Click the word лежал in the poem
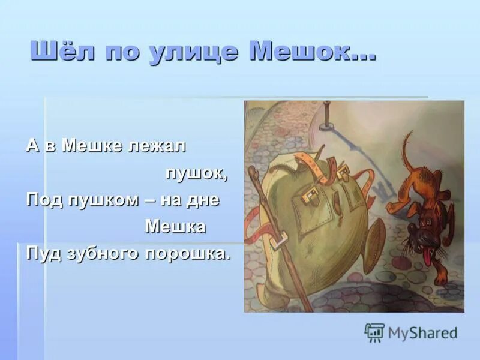(x=158, y=146)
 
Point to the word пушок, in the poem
(x=197, y=173)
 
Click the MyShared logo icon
(x=374, y=332)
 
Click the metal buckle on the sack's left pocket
(x=310, y=193)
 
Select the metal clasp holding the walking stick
(x=278, y=241)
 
